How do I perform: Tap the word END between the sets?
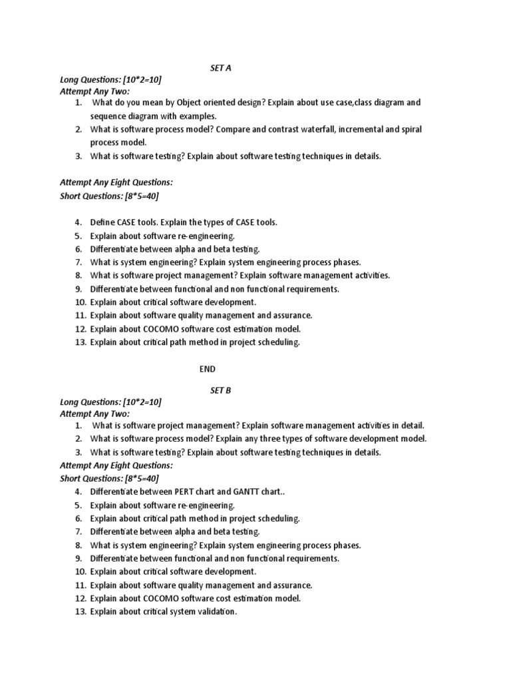(x=208, y=368)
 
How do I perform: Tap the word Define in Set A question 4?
(x=103, y=222)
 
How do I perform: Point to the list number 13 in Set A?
(x=80, y=342)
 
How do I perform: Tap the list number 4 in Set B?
(x=79, y=492)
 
